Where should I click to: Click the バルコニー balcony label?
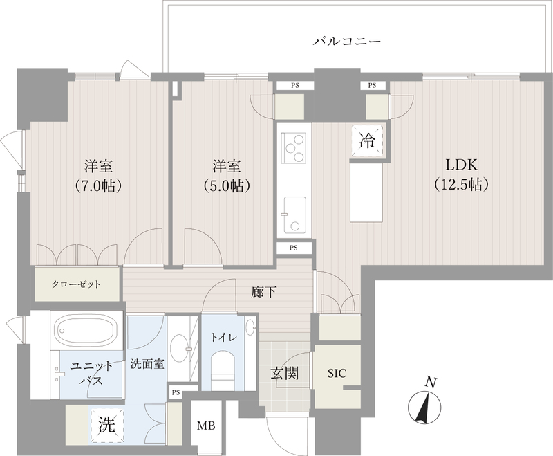347,42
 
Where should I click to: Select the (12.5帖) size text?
462,185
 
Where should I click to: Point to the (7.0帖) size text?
99,185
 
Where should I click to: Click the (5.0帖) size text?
226,185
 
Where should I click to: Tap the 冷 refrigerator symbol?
367,141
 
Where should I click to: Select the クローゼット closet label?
76,284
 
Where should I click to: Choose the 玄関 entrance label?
284,374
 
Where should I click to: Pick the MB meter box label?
207,426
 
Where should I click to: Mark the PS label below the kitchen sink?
294,247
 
